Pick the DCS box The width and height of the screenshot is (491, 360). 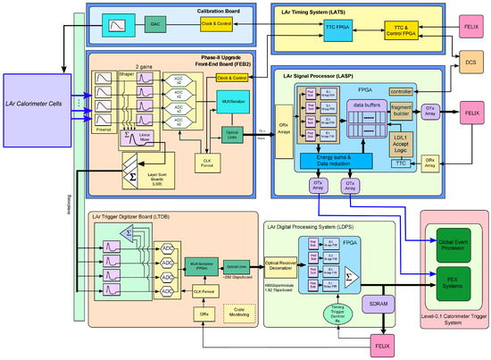click(470, 63)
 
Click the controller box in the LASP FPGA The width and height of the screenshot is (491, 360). click(402, 91)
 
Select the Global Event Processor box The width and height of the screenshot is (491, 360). click(454, 244)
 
